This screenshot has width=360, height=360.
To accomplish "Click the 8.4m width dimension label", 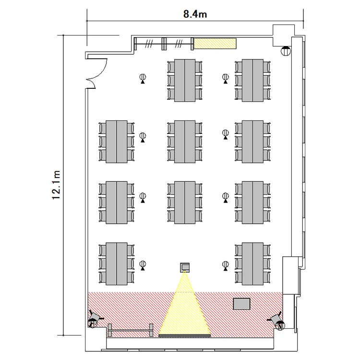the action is pos(195,14).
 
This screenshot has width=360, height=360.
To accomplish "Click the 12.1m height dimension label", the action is pos(56,185).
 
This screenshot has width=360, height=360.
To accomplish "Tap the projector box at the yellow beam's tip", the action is pos(185,267).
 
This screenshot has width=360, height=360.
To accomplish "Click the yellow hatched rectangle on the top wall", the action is pos(215,43).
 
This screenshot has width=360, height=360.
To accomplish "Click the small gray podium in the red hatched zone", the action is pos(242,304).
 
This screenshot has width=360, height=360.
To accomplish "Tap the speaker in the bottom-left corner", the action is pos(94,319).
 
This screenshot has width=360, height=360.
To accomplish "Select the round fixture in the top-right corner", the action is pos(286,51).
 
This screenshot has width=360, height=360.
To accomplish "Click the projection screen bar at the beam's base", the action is pos(185,336).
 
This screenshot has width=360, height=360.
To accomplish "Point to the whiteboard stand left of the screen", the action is pos(131,330).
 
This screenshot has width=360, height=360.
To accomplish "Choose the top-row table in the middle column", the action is pos(185,80).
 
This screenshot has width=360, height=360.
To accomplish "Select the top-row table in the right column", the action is pos(252,80).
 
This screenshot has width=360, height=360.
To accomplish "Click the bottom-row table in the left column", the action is pos(117,264).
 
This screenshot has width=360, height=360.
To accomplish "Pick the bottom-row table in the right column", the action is pos(252,264).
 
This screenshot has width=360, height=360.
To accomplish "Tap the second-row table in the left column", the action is pos(117,142).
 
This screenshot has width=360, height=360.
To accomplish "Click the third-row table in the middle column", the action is pos(185,203).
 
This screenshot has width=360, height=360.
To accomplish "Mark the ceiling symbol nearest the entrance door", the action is pos(143,79).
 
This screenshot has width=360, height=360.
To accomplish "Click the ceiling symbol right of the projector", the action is pos(226,266).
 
